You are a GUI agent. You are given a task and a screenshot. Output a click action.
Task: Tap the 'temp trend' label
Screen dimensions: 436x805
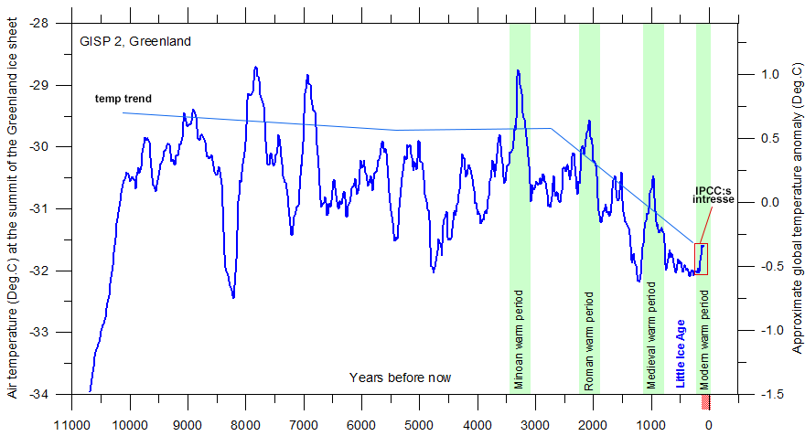pos(123,98)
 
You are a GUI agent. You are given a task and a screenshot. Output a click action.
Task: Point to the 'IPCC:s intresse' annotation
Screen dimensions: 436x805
pos(714,194)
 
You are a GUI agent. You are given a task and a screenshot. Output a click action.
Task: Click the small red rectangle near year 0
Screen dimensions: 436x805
pos(702,259)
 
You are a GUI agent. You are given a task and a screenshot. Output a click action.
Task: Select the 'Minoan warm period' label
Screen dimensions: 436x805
pos(520,341)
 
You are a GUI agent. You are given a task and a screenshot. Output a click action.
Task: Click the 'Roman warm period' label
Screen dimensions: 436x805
pos(588,341)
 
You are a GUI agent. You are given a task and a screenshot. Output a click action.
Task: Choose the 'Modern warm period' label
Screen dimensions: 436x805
pos(704,340)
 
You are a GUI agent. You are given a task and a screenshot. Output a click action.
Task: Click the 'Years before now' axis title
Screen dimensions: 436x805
pos(400,377)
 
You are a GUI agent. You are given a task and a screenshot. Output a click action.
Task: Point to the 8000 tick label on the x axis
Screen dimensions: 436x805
pos(245,425)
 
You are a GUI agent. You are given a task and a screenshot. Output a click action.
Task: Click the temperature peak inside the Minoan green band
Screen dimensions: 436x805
pos(518,71)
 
